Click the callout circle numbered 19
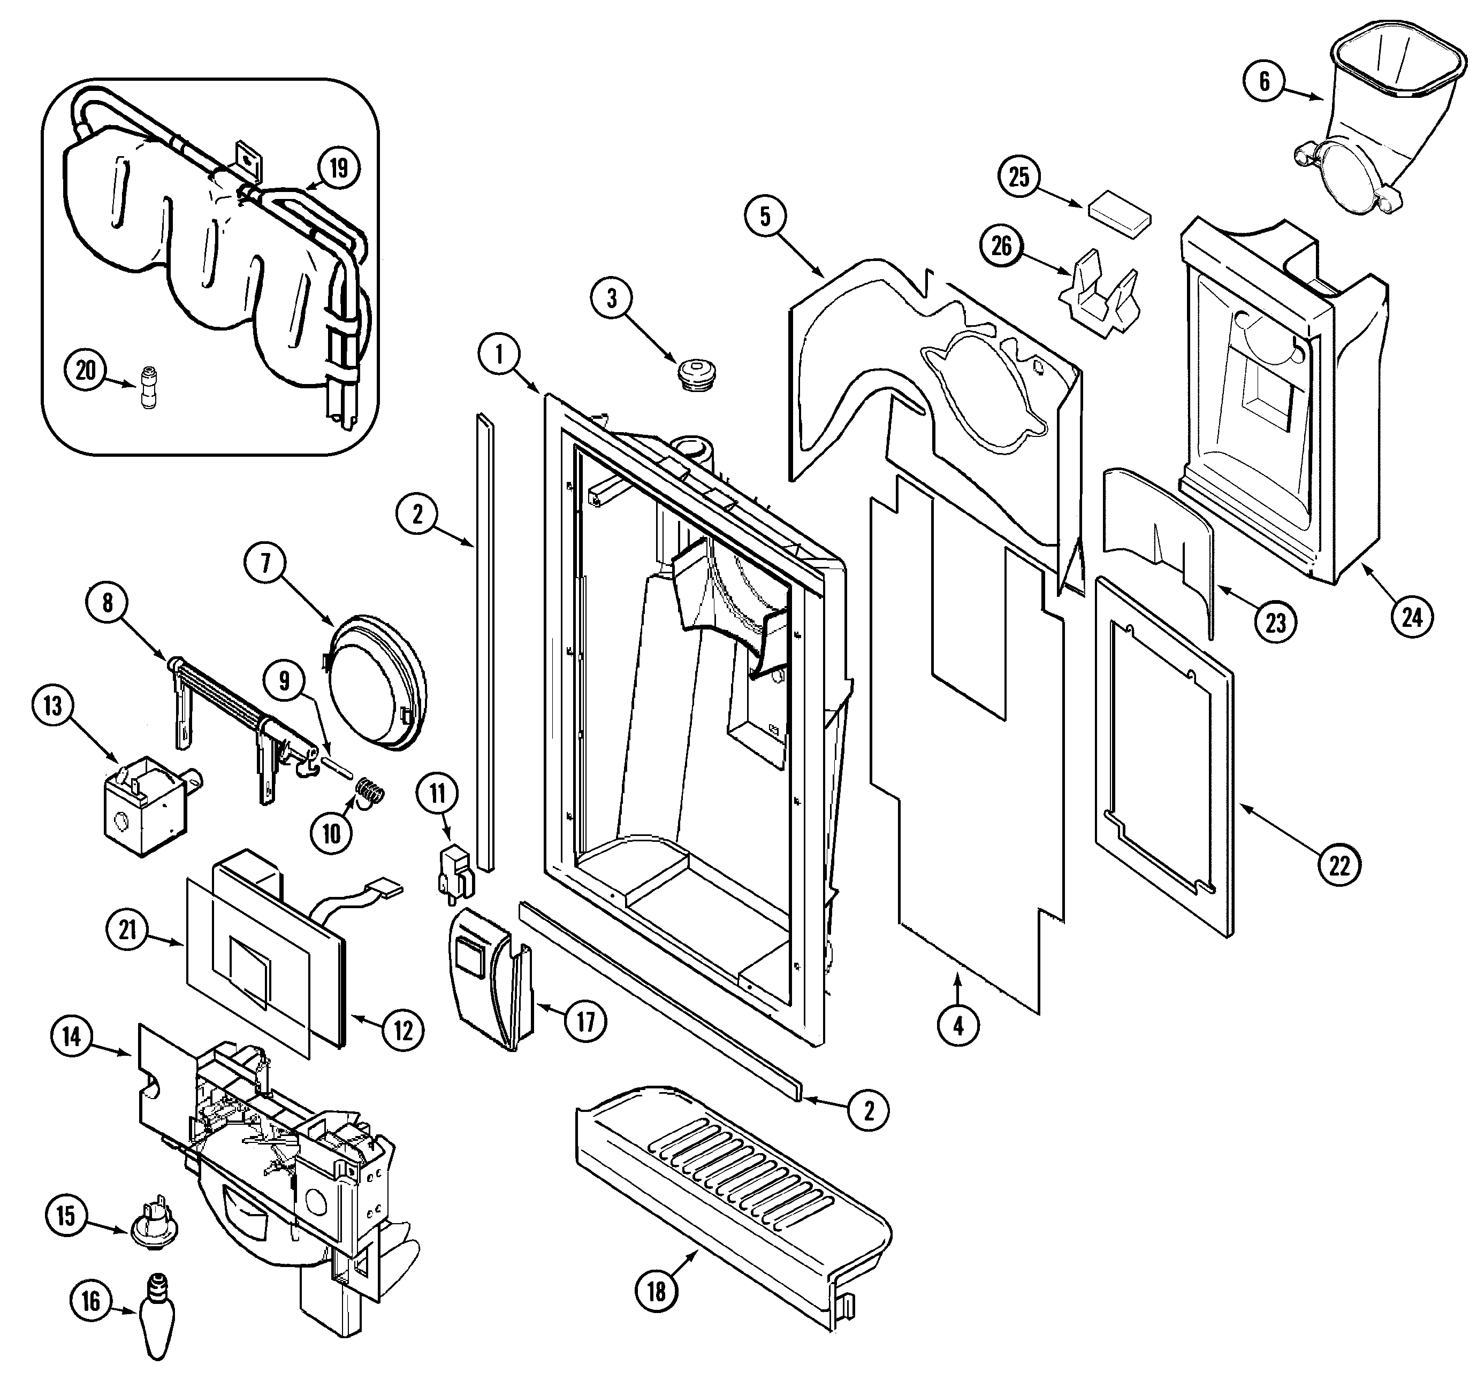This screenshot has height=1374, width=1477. tap(338, 168)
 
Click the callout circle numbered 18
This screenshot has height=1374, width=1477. tap(656, 1292)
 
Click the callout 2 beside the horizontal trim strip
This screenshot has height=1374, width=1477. tap(868, 1110)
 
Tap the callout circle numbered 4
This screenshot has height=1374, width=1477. tap(958, 1026)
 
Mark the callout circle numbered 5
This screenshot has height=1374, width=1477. tap(765, 216)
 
